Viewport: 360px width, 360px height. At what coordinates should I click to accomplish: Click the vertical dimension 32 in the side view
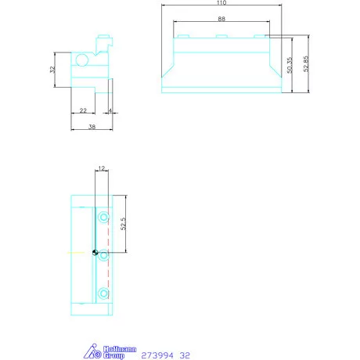52,70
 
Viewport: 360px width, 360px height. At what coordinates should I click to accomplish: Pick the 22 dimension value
83,110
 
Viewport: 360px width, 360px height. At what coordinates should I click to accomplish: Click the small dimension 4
110,110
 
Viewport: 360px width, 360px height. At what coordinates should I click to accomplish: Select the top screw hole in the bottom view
103,216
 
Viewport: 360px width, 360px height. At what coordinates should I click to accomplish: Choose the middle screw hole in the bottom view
103,254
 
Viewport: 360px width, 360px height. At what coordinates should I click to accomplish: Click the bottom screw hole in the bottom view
103,293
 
